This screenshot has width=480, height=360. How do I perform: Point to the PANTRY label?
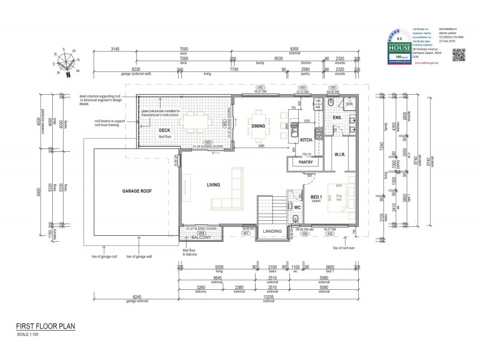303,162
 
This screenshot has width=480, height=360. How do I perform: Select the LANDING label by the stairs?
273,231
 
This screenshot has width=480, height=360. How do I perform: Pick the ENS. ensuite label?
337,118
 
